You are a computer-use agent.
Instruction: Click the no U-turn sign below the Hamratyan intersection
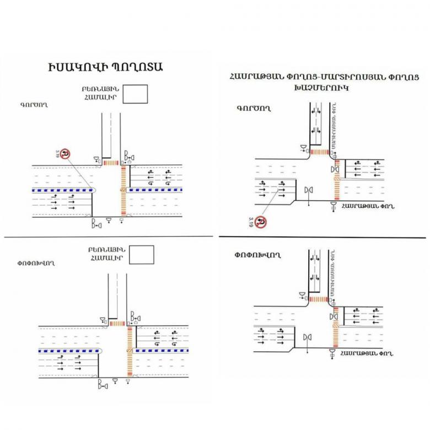coord(263,223)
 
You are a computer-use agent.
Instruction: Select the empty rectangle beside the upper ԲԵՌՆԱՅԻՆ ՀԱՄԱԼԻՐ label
coord(136,94)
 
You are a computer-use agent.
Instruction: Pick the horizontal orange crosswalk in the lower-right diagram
coord(318,299)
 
